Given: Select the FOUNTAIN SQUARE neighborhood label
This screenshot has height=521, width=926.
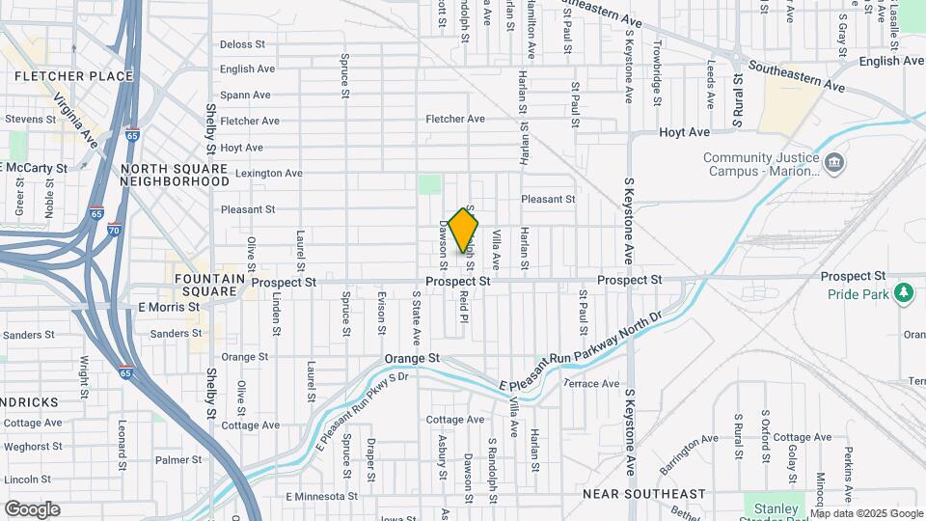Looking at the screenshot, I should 205,284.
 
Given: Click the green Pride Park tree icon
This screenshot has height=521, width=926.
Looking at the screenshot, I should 904,292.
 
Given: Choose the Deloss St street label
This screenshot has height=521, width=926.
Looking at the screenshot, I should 242,44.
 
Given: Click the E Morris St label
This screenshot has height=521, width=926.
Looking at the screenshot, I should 168,307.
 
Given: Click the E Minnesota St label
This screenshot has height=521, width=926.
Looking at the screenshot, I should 320,496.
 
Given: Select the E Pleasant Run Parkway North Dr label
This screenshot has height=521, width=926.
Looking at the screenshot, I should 583,352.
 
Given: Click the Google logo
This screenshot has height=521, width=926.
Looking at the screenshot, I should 32,509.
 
